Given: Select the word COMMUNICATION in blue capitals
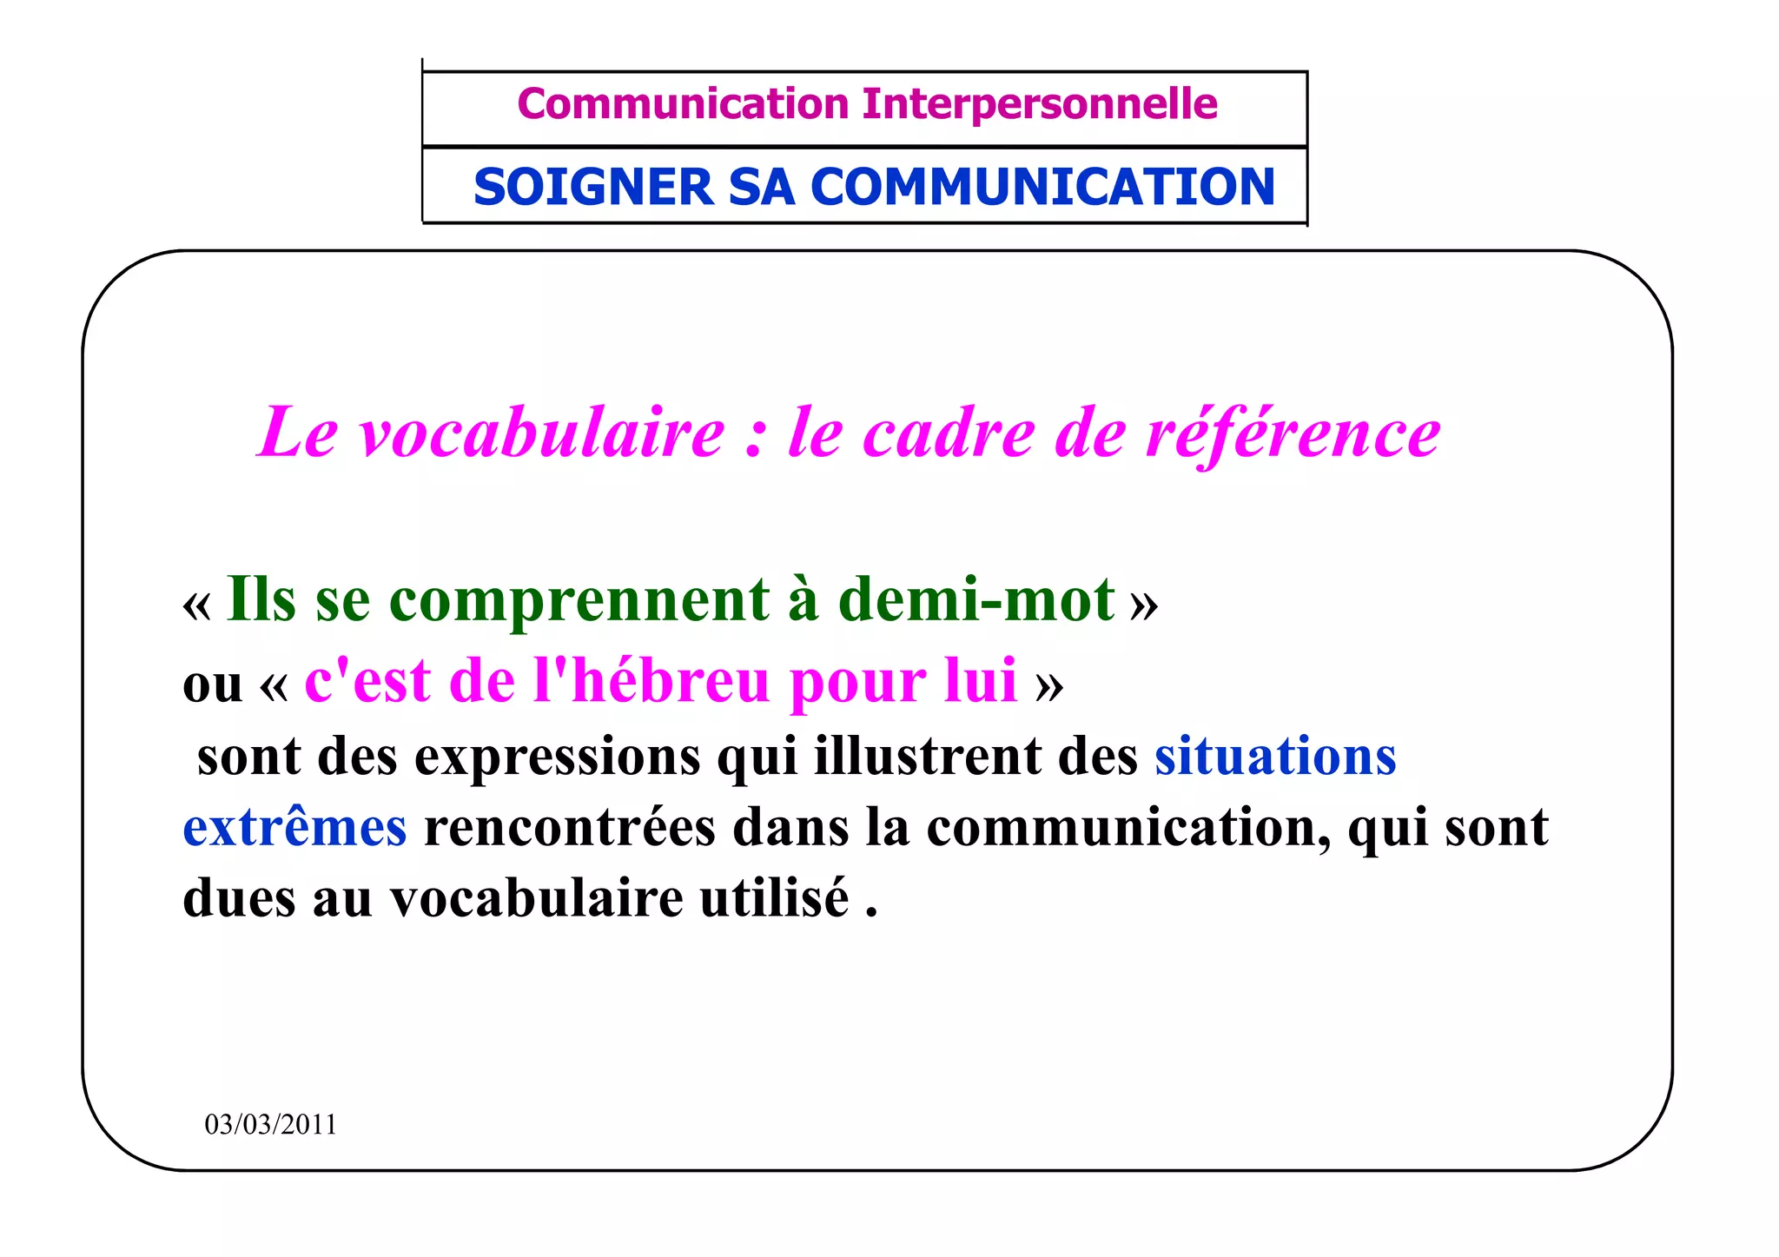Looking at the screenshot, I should tap(1042, 188).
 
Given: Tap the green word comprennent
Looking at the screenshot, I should tap(579, 601).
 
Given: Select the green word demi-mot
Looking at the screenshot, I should tap(976, 599).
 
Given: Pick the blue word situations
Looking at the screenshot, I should tap(1275, 756).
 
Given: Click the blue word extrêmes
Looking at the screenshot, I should tap(294, 827).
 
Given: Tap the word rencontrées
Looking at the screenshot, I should tap(570, 827).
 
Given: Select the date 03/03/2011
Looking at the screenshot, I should tap(270, 1124).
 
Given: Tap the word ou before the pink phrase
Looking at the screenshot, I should tap(212, 685).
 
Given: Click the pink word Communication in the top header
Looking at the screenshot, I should tap(683, 104).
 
